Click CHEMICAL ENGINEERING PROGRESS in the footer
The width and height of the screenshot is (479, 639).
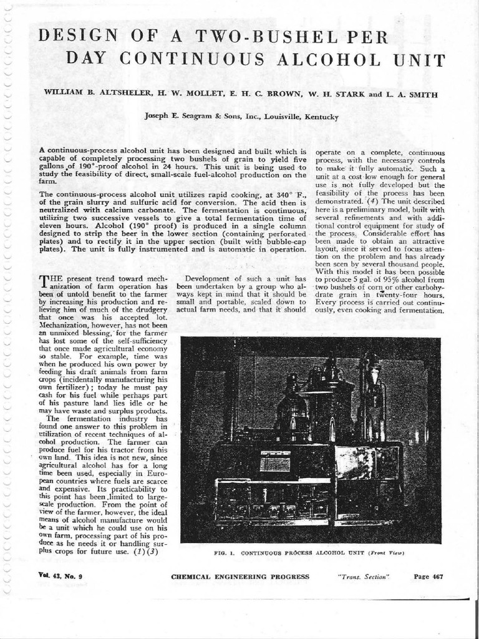click(x=239, y=577)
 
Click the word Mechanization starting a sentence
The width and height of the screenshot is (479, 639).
click(x=65, y=325)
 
